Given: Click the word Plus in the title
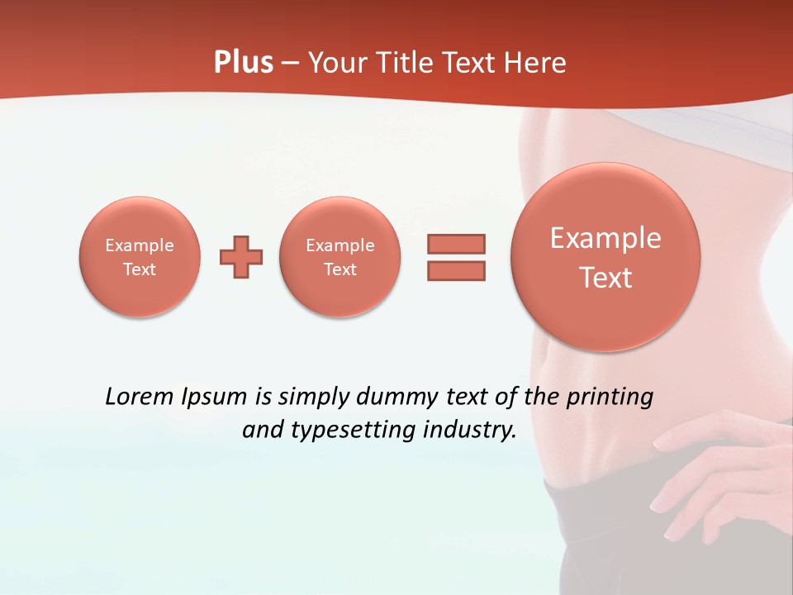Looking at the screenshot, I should point(243,63).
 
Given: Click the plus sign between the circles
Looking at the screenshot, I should point(241,257).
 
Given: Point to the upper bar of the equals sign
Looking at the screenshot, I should point(456,244).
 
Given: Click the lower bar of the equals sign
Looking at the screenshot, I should point(456,270).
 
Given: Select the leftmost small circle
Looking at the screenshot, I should point(140,256).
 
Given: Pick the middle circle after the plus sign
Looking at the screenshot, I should point(340,256).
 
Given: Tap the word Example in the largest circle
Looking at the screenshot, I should point(605,238).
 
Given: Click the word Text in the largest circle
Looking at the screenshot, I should point(605,278).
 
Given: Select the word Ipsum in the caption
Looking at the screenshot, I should point(214,397).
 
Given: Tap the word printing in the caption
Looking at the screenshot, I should point(609,397).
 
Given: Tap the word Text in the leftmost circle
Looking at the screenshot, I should point(140,269).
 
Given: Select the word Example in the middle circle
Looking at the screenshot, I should point(340,245).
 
